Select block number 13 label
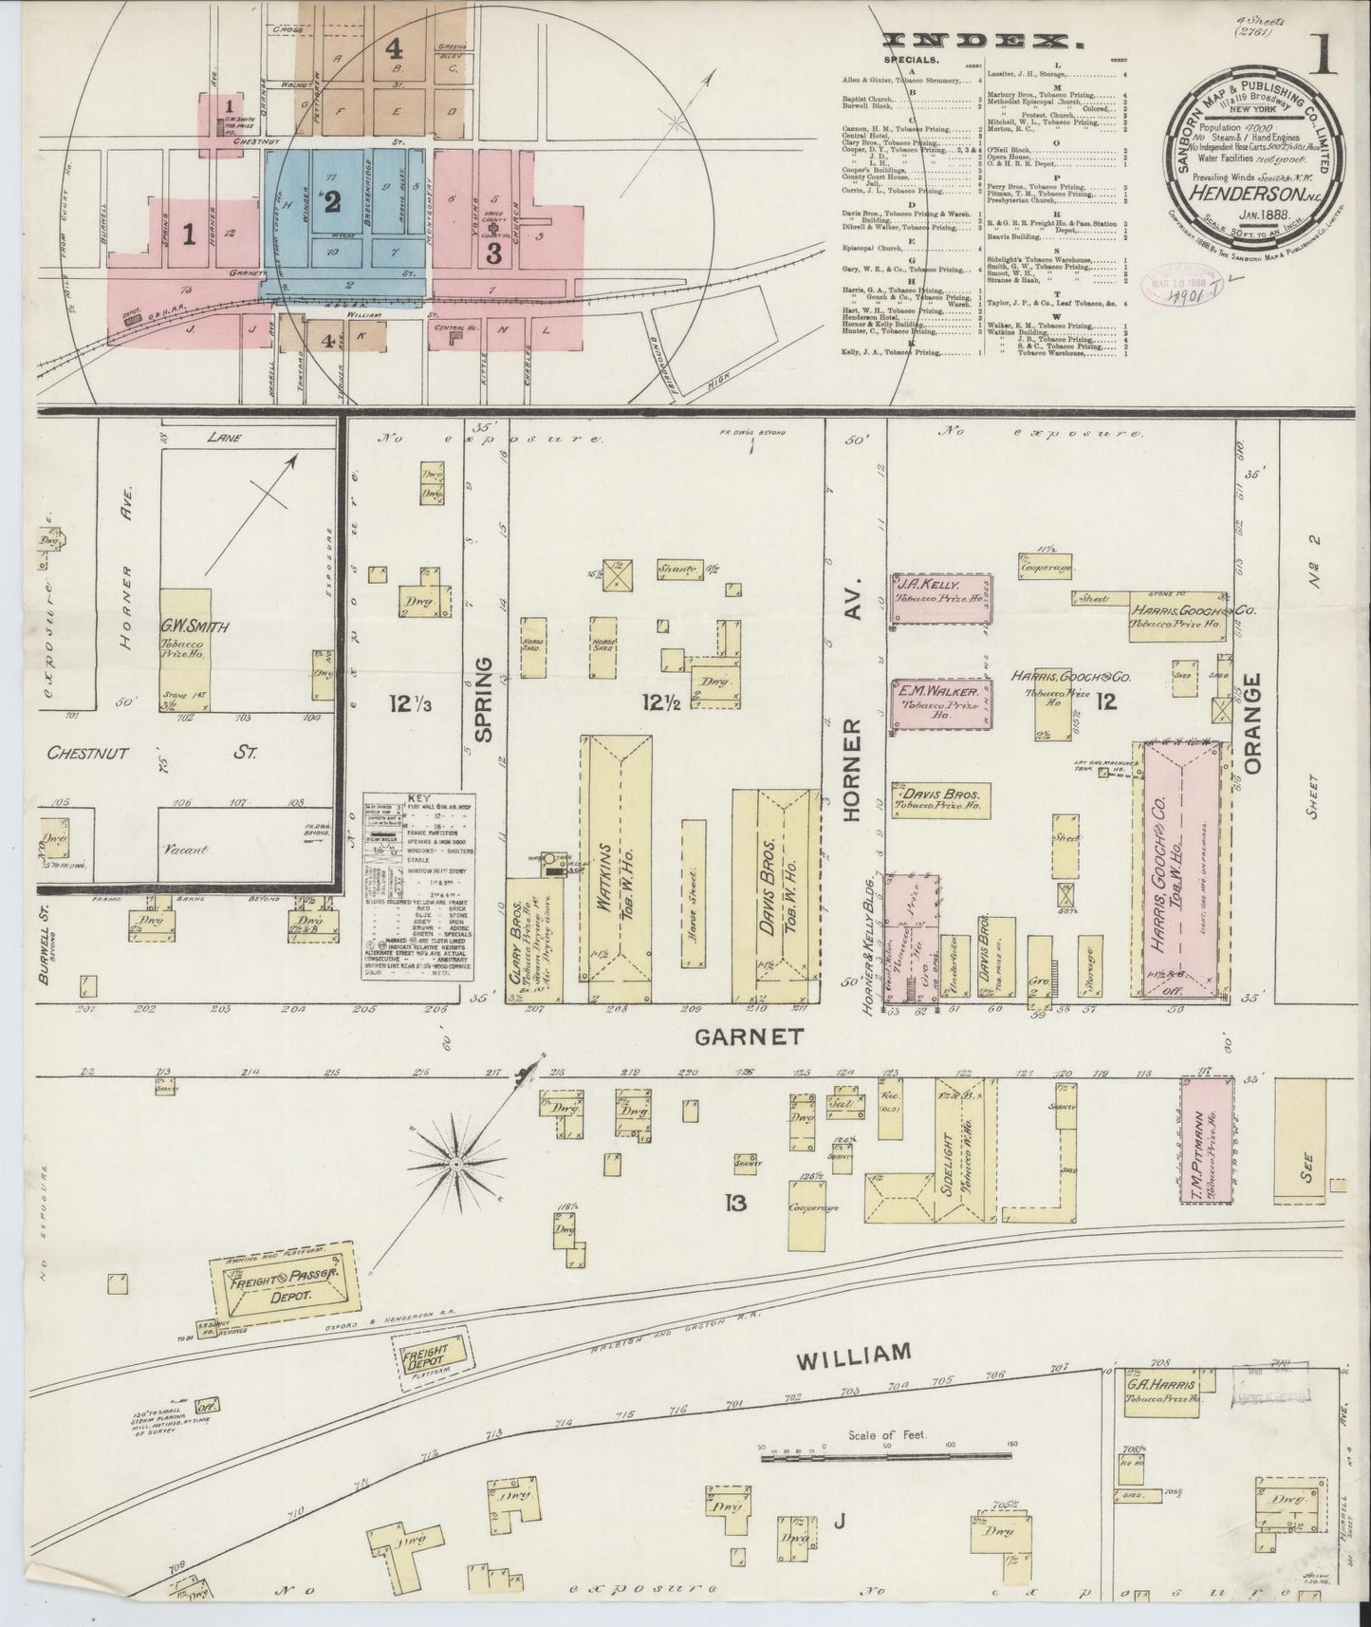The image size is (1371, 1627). [x=736, y=1204]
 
